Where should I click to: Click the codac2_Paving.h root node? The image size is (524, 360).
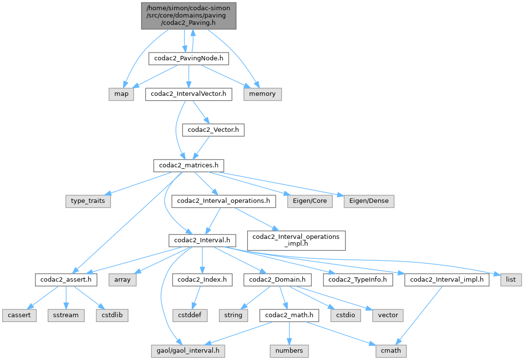[x=189, y=15]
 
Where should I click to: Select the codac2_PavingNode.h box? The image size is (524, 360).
[x=188, y=59]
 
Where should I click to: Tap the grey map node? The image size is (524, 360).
[x=121, y=94]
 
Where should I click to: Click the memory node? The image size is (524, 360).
[x=262, y=94]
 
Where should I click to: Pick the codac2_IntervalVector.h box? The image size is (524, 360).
[x=188, y=94]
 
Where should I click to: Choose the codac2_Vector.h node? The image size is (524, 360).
[x=213, y=130]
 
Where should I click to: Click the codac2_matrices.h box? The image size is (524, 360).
[x=188, y=165]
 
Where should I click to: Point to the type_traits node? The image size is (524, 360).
[x=88, y=200]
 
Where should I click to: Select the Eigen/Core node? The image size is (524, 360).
[x=309, y=200]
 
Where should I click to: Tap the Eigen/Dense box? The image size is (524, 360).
[x=369, y=200]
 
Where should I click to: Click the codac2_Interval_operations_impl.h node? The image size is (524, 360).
[x=296, y=240]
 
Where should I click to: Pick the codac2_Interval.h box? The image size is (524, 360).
[x=202, y=240]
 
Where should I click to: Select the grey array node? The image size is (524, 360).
[x=122, y=280]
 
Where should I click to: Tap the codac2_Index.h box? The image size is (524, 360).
[x=202, y=280]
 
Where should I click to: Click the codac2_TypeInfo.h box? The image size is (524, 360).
[x=358, y=280]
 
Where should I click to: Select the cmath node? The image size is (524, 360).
[x=390, y=350]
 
